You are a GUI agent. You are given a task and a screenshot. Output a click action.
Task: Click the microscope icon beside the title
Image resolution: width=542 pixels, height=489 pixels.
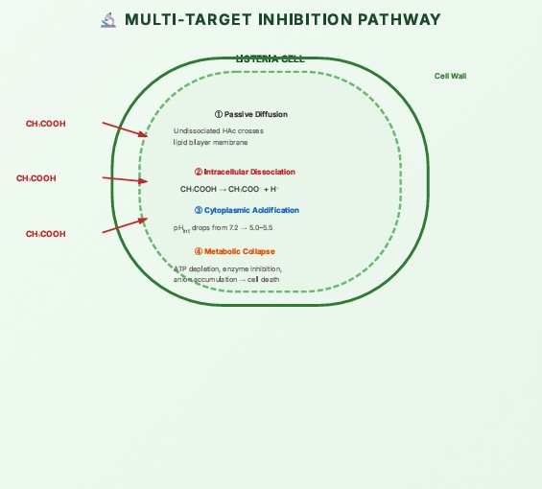click(108, 20)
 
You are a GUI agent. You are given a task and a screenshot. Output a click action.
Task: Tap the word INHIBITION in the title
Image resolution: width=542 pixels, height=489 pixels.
click(305, 19)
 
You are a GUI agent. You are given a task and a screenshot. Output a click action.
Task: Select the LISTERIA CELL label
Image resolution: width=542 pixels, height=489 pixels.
click(270, 59)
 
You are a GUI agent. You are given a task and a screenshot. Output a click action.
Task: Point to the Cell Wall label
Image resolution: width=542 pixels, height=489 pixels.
click(451, 76)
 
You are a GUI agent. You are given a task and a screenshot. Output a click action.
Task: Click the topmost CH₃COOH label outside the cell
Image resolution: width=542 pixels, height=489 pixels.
click(46, 124)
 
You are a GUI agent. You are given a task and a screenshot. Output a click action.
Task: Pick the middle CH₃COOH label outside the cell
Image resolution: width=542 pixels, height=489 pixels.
click(35, 178)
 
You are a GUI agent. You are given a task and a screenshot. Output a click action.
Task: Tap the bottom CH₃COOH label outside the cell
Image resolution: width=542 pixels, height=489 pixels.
click(46, 234)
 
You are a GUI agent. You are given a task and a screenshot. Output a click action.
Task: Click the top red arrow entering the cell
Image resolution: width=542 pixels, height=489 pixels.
click(125, 129)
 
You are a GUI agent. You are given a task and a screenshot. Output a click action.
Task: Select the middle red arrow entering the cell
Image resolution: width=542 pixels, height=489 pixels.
click(125, 179)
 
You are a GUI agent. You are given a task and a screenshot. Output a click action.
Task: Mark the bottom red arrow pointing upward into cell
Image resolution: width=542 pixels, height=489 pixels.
click(125, 225)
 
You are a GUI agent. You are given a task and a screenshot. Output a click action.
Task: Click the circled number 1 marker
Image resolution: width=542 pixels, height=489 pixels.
click(219, 114)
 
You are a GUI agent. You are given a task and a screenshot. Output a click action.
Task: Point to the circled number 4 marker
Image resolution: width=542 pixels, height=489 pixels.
click(199, 251)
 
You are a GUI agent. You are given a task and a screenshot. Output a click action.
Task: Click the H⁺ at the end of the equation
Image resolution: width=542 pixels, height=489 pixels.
click(274, 189)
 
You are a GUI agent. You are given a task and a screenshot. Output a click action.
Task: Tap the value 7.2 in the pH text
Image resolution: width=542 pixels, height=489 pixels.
click(234, 228)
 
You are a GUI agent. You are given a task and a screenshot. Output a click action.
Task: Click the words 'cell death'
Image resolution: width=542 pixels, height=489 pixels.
click(264, 279)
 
